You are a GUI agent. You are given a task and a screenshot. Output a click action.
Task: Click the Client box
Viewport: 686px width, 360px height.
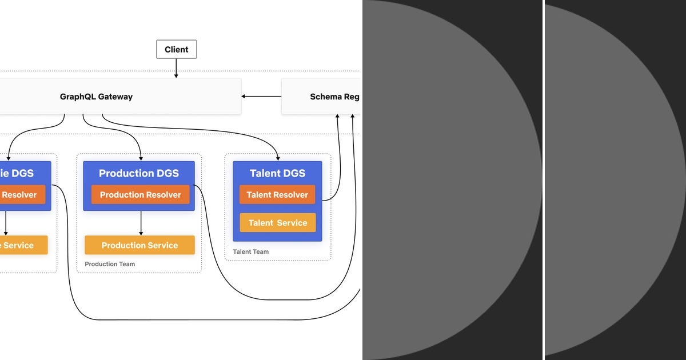click(176, 50)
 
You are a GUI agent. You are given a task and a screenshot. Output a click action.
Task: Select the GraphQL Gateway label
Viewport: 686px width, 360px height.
click(96, 97)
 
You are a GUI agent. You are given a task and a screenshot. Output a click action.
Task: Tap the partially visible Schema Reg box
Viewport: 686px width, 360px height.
click(321, 97)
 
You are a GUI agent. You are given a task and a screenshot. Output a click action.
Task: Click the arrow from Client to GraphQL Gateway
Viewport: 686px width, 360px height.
click(176, 69)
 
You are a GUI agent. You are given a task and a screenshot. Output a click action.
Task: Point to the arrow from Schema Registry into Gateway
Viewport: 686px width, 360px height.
click(261, 96)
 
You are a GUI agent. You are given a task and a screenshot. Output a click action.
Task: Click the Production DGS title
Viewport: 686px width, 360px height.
click(139, 173)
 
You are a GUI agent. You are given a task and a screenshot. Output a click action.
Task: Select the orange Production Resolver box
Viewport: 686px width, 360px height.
click(140, 195)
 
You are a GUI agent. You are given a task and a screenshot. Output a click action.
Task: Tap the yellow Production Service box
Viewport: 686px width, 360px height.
click(139, 245)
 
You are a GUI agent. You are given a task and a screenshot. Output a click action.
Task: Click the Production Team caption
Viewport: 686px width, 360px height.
click(110, 264)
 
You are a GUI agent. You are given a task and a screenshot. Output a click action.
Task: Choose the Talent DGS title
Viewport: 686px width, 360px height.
click(277, 173)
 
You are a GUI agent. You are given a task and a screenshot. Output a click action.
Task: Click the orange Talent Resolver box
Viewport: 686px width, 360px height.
click(277, 195)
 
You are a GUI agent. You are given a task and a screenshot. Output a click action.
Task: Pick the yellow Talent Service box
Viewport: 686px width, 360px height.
click(277, 223)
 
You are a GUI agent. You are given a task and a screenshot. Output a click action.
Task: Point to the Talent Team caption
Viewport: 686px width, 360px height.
click(250, 251)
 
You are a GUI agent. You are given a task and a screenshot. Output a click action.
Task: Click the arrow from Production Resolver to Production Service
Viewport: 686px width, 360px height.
click(141, 223)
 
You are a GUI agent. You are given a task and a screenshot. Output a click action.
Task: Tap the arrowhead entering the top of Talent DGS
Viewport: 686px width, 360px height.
click(278, 158)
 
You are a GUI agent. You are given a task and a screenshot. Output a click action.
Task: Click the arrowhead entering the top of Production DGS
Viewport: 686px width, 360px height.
click(141, 158)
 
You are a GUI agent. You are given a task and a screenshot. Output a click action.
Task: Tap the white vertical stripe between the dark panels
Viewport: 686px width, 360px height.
click(543, 180)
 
